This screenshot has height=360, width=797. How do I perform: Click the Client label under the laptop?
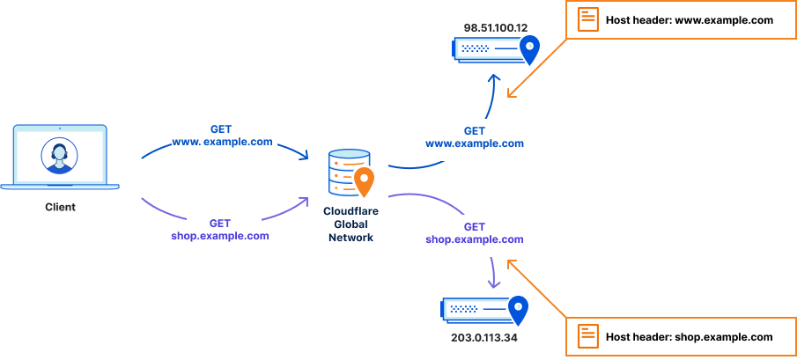(x=60, y=207)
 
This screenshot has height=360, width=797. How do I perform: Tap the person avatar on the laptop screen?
(x=59, y=157)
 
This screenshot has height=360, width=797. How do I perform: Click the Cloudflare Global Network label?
(x=351, y=224)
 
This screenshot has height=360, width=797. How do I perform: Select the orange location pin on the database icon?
(x=364, y=181)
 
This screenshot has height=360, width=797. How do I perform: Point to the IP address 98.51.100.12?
(x=495, y=28)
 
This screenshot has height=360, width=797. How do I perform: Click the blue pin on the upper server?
(x=529, y=49)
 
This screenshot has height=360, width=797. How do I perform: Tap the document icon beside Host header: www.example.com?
(x=587, y=19)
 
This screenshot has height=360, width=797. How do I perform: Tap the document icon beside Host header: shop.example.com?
(x=587, y=336)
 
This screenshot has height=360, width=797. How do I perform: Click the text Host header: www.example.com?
(x=689, y=19)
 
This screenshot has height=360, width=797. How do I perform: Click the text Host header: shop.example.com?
(x=689, y=336)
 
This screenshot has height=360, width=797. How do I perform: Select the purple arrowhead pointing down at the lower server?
(x=493, y=283)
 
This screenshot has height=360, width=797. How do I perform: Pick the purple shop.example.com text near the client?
(x=220, y=236)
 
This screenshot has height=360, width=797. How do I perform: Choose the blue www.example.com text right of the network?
(x=475, y=143)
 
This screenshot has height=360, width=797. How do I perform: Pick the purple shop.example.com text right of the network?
(x=475, y=239)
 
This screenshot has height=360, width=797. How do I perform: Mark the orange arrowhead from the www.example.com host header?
(x=512, y=91)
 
